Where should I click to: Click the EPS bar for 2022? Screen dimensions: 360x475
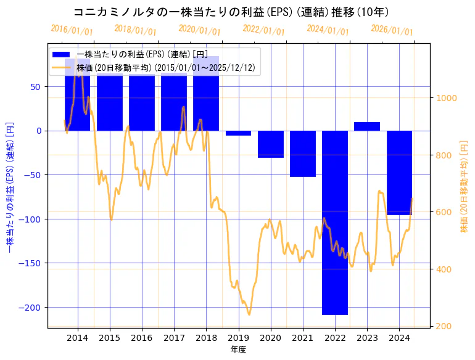335,222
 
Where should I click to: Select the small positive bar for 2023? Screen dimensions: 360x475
367,126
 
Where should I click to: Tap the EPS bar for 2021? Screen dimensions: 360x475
303,153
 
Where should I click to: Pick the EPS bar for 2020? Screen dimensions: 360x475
271,144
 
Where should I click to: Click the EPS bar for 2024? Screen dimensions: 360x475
399,173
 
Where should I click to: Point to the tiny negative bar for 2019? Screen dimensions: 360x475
238,133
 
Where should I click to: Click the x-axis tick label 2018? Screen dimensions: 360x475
206,338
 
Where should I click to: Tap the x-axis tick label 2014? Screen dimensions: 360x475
77,338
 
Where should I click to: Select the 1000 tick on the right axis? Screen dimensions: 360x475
446,98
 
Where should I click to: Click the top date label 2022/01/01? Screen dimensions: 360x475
264,30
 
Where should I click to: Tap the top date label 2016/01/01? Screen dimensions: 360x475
72,30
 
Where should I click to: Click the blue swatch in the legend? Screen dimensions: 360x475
62,55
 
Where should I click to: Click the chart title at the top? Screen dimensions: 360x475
231,12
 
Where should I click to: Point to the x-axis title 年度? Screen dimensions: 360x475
238,350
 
